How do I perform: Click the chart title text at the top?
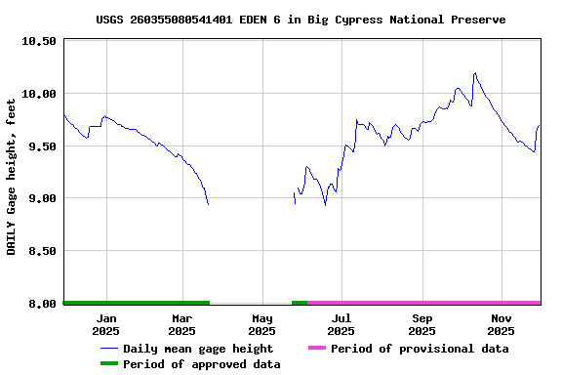(x=301, y=20)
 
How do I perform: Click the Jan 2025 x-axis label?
(x=106, y=324)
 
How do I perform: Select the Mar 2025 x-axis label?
(x=182, y=324)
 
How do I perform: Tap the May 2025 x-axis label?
(x=261, y=324)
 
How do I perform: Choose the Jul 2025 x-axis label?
(x=341, y=324)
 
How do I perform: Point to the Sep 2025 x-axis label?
(x=421, y=324)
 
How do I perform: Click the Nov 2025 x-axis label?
(x=501, y=324)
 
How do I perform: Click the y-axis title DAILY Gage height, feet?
(x=12, y=177)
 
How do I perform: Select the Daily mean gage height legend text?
(x=198, y=349)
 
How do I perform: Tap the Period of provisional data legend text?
(x=420, y=349)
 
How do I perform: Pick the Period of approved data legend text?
(x=202, y=364)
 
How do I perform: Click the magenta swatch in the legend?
(x=316, y=349)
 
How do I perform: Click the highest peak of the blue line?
(x=475, y=72)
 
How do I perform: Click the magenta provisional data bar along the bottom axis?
(x=424, y=303)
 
